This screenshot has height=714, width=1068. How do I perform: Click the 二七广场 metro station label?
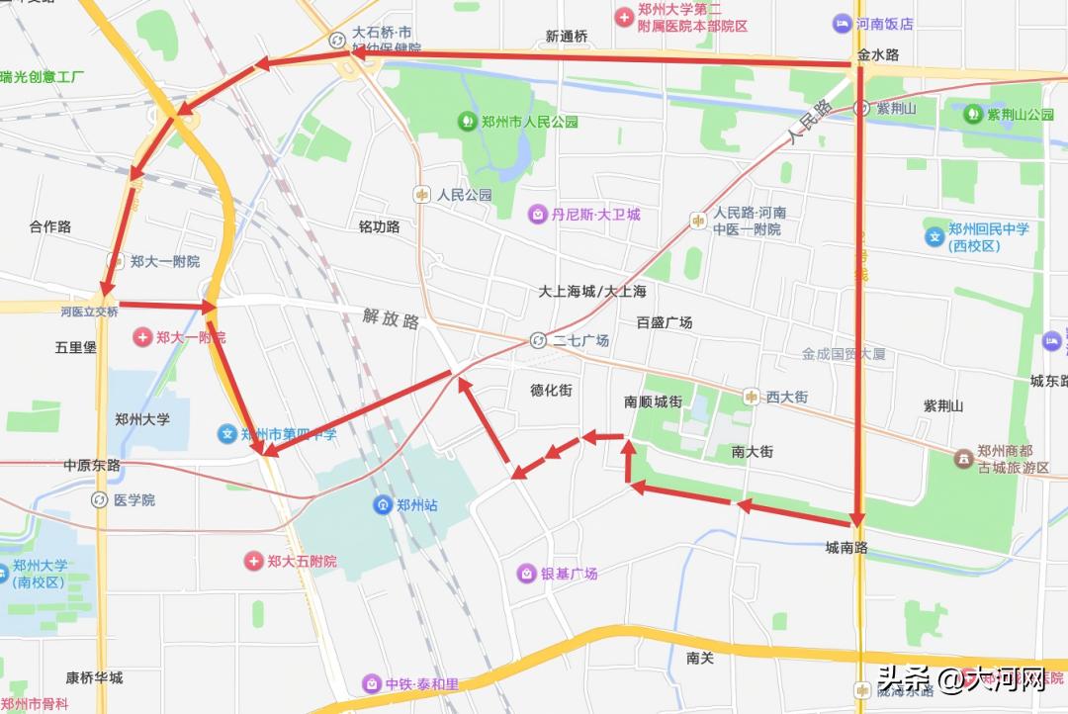pyautogui.click(x=580, y=341)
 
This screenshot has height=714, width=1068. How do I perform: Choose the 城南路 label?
pyautogui.click(x=847, y=547)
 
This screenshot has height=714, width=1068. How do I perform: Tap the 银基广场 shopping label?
pyautogui.click(x=569, y=574)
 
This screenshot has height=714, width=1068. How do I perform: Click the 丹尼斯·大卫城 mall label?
pyautogui.click(x=595, y=214)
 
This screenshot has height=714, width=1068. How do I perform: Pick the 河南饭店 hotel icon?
pyautogui.click(x=842, y=23)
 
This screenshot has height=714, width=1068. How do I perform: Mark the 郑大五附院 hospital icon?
pyautogui.click(x=254, y=561)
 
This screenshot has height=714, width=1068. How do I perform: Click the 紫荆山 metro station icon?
pyautogui.click(x=861, y=108)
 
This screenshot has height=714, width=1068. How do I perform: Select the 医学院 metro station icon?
pyautogui.click(x=99, y=500)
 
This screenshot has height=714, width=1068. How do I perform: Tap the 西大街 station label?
pyautogui.click(x=787, y=397)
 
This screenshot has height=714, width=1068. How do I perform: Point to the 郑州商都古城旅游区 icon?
pyautogui.click(x=962, y=459)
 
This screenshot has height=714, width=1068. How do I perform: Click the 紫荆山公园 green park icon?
pyautogui.click(x=974, y=114)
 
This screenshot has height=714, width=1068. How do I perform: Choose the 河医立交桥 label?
pyautogui.click(x=89, y=312)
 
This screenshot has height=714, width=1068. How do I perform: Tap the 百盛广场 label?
pyautogui.click(x=665, y=322)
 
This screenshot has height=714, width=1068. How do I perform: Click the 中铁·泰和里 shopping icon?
pyautogui.click(x=372, y=683)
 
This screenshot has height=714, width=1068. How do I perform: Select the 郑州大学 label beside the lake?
pyautogui.click(x=142, y=419)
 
